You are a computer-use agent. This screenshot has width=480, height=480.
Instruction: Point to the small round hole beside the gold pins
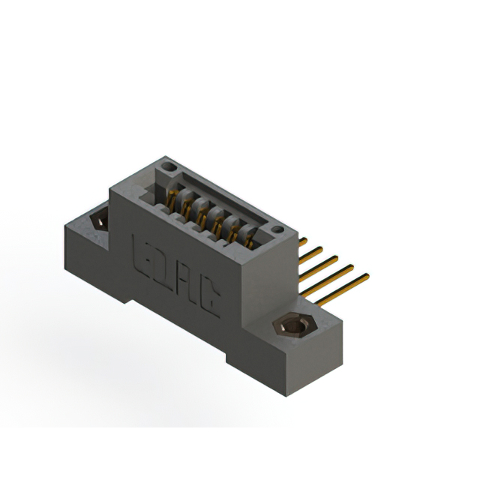coord(277,229)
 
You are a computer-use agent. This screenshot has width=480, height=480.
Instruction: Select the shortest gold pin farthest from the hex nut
coord(303,241)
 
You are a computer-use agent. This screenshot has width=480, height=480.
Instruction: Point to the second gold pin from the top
coord(312,252)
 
